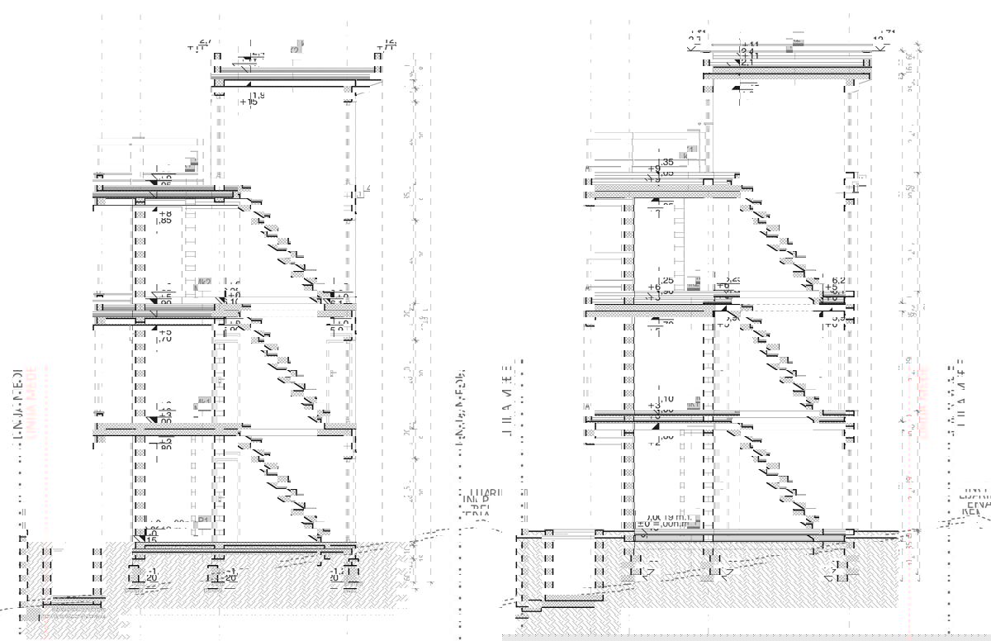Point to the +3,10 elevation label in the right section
pyautogui.click(x=661, y=403)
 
